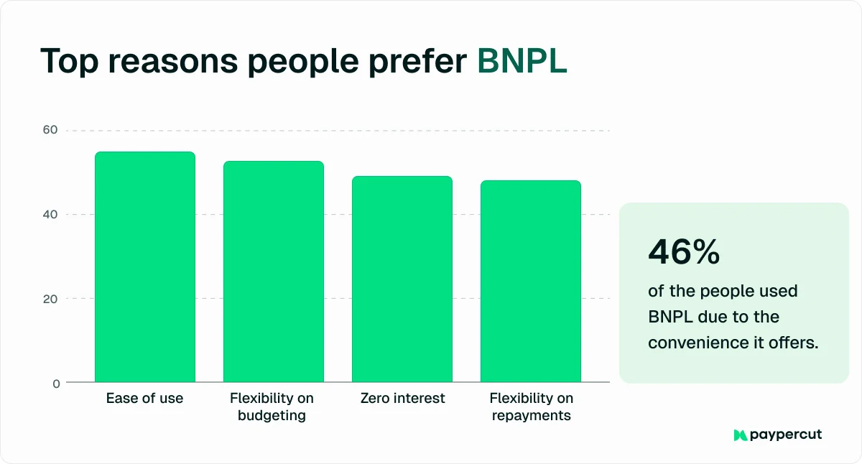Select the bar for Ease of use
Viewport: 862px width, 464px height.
tap(145, 266)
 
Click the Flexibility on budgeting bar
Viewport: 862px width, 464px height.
tap(273, 272)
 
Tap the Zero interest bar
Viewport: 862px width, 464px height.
tap(402, 279)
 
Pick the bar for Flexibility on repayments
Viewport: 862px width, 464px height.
tap(530, 281)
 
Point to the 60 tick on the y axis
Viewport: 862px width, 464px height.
tap(50, 130)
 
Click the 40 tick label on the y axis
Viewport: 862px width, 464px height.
tap(50, 214)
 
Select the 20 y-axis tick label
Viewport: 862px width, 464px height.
tap(50, 299)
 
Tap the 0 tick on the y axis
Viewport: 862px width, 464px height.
tap(55, 384)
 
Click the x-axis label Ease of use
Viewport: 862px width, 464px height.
tap(144, 398)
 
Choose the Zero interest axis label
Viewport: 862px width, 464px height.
tap(402, 398)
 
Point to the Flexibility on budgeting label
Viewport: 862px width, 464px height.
tap(272, 407)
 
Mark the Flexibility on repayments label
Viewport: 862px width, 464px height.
tap(531, 407)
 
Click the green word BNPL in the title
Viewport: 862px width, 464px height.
tap(522, 62)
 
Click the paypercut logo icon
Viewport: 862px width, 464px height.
tap(740, 435)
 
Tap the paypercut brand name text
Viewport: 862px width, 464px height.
tap(786, 435)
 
